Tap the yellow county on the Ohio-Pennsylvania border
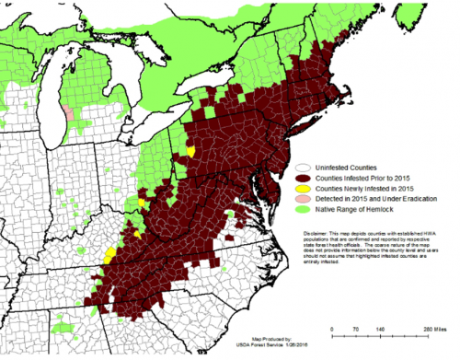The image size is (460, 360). tap(190, 149)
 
